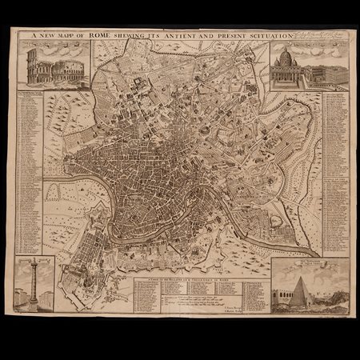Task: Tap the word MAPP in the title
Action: [76, 36]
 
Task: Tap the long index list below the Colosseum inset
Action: [30, 168]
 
